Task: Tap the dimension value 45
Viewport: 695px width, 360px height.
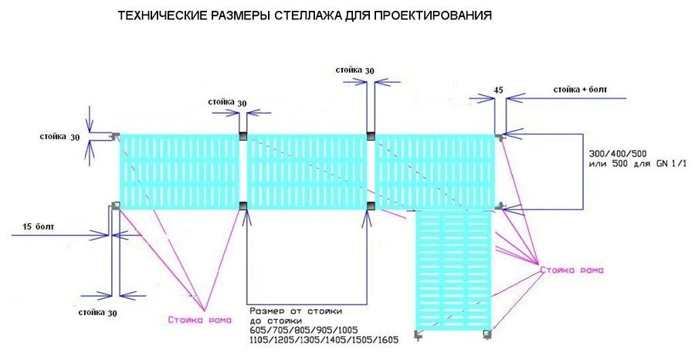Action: [498, 90]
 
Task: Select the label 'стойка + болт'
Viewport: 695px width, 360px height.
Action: [580, 90]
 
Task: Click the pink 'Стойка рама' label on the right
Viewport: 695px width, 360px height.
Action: [572, 270]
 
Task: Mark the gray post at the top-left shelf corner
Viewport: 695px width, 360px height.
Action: [116, 136]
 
